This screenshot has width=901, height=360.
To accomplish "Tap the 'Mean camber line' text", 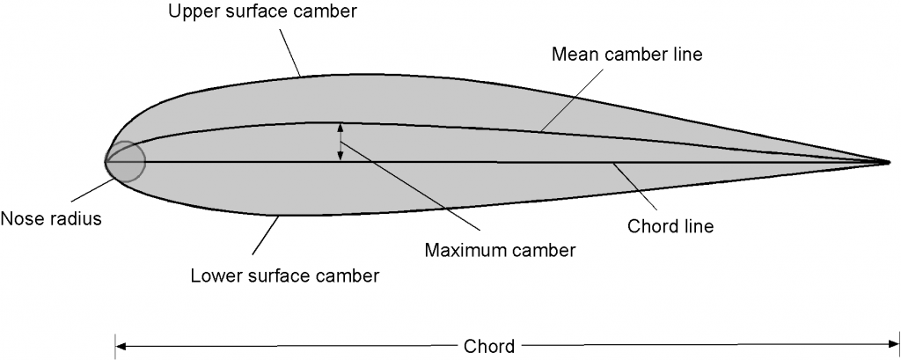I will [627, 55].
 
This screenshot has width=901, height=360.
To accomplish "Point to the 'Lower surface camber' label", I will [285, 276].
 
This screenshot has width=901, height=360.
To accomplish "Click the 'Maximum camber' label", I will [500, 249].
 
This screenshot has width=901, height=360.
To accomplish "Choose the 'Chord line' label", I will [670, 225].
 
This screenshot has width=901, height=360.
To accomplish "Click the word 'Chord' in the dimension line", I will [490, 346].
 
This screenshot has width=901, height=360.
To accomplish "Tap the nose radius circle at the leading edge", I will [124, 162].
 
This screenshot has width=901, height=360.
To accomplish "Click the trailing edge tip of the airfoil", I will [890, 162].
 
